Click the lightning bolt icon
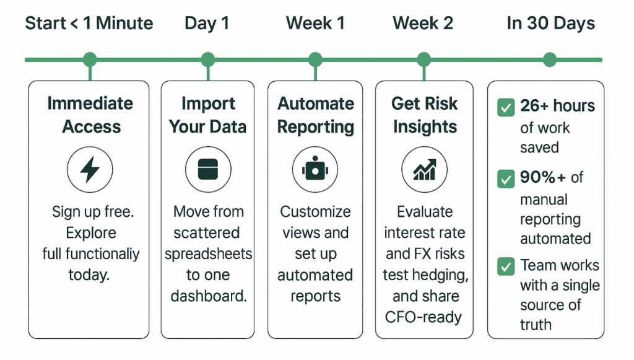(90, 169)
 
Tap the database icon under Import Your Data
(208, 169)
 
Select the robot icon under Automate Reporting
(315, 169)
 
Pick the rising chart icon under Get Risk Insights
(424, 169)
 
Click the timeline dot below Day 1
(208, 59)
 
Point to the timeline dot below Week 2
(423, 59)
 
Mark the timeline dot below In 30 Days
(550, 59)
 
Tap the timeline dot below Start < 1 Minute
(90, 59)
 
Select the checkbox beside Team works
(506, 267)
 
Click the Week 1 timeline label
(315, 24)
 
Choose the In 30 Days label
(550, 24)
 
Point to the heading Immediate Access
(90, 115)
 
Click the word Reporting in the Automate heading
(316, 127)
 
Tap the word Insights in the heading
(425, 127)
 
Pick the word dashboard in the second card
(209, 296)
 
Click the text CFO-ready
(423, 317)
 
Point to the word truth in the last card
(536, 324)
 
